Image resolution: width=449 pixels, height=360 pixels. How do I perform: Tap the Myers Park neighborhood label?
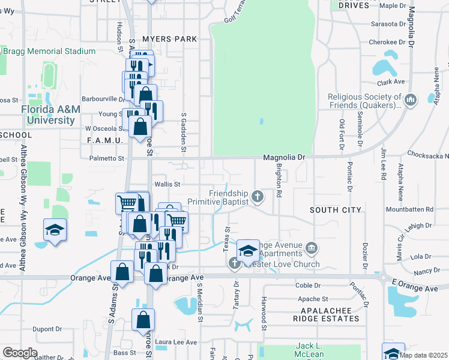click(170, 39)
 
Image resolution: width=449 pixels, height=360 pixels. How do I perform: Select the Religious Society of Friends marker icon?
click(411, 100)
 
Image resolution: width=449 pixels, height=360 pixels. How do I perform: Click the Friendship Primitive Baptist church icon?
click(258, 196)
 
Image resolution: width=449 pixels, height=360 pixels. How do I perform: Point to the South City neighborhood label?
click(336, 210)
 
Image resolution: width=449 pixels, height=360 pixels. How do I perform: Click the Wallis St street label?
click(167, 184)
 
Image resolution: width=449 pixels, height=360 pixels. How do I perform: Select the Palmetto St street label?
click(106, 159)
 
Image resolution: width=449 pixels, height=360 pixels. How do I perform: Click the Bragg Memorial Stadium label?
click(49, 52)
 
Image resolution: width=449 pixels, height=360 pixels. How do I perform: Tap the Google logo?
click(20, 353)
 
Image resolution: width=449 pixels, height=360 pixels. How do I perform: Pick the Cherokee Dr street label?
click(387, 42)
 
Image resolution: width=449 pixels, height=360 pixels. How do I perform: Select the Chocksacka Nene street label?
click(427, 154)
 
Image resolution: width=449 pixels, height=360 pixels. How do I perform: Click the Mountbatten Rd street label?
click(409, 209)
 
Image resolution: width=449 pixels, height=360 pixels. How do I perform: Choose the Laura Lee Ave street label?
click(176, 342)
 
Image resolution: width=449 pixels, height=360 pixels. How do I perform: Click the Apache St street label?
click(313, 299)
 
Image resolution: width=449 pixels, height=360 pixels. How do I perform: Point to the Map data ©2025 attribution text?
click(423, 355)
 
